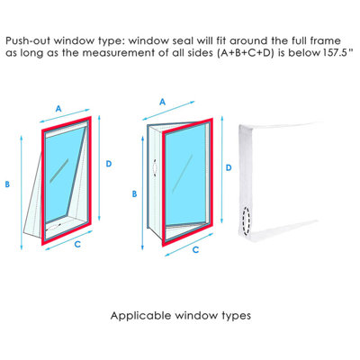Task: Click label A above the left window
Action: (x=58, y=108)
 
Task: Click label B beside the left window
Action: (x=7, y=184)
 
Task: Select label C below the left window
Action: (x=77, y=245)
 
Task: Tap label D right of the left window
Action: (x=109, y=164)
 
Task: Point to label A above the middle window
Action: (x=162, y=102)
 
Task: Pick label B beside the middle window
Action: (x=134, y=194)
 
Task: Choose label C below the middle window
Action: (x=195, y=249)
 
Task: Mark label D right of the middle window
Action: (x=229, y=167)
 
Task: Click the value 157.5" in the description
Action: (x=337, y=53)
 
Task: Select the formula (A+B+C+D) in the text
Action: (x=245, y=53)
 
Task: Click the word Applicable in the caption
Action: (x=141, y=316)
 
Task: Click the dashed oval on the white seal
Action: (x=247, y=220)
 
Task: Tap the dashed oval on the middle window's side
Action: (x=155, y=168)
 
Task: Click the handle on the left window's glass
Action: (x=59, y=170)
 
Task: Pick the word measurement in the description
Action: (x=127, y=53)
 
